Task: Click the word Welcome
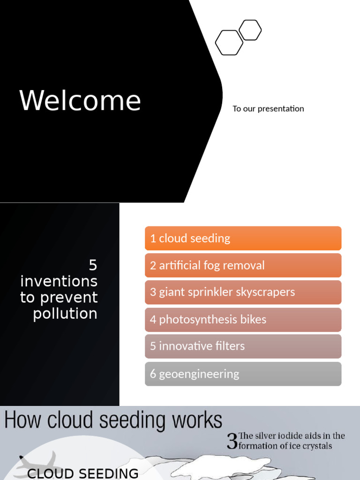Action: (80, 101)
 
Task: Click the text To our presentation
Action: (268, 109)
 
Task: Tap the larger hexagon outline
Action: (229, 43)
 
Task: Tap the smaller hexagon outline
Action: (250, 30)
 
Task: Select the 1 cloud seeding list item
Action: (243, 238)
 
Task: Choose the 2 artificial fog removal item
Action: (243, 265)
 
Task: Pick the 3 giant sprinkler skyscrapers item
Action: (243, 292)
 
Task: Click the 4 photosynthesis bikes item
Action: (243, 320)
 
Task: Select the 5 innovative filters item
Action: (243, 346)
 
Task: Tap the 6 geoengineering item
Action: (243, 374)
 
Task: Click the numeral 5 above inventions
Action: (93, 265)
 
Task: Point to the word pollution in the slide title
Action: (65, 314)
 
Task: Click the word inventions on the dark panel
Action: (59, 281)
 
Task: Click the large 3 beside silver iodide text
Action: (232, 442)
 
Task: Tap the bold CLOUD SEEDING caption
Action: (83, 473)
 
